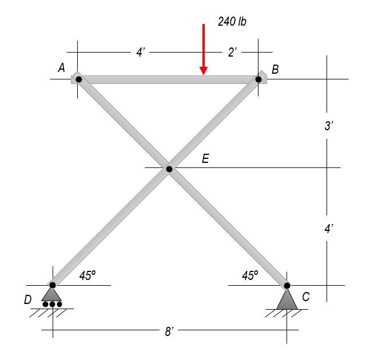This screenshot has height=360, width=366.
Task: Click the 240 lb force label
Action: tap(232, 22)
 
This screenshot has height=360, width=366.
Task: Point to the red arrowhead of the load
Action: tap(204, 71)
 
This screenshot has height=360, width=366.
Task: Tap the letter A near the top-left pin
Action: tap(61, 68)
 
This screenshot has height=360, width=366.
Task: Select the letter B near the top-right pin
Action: tap(275, 69)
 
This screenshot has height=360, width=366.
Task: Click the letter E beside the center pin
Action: tap(205, 158)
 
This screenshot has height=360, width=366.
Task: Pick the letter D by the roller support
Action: tap(28, 299)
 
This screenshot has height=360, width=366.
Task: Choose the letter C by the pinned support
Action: tap(306, 297)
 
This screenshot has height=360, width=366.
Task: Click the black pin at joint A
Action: tap(79, 79)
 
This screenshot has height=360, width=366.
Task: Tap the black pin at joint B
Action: tap(258, 79)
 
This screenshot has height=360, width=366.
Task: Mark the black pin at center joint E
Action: tap(169, 169)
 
